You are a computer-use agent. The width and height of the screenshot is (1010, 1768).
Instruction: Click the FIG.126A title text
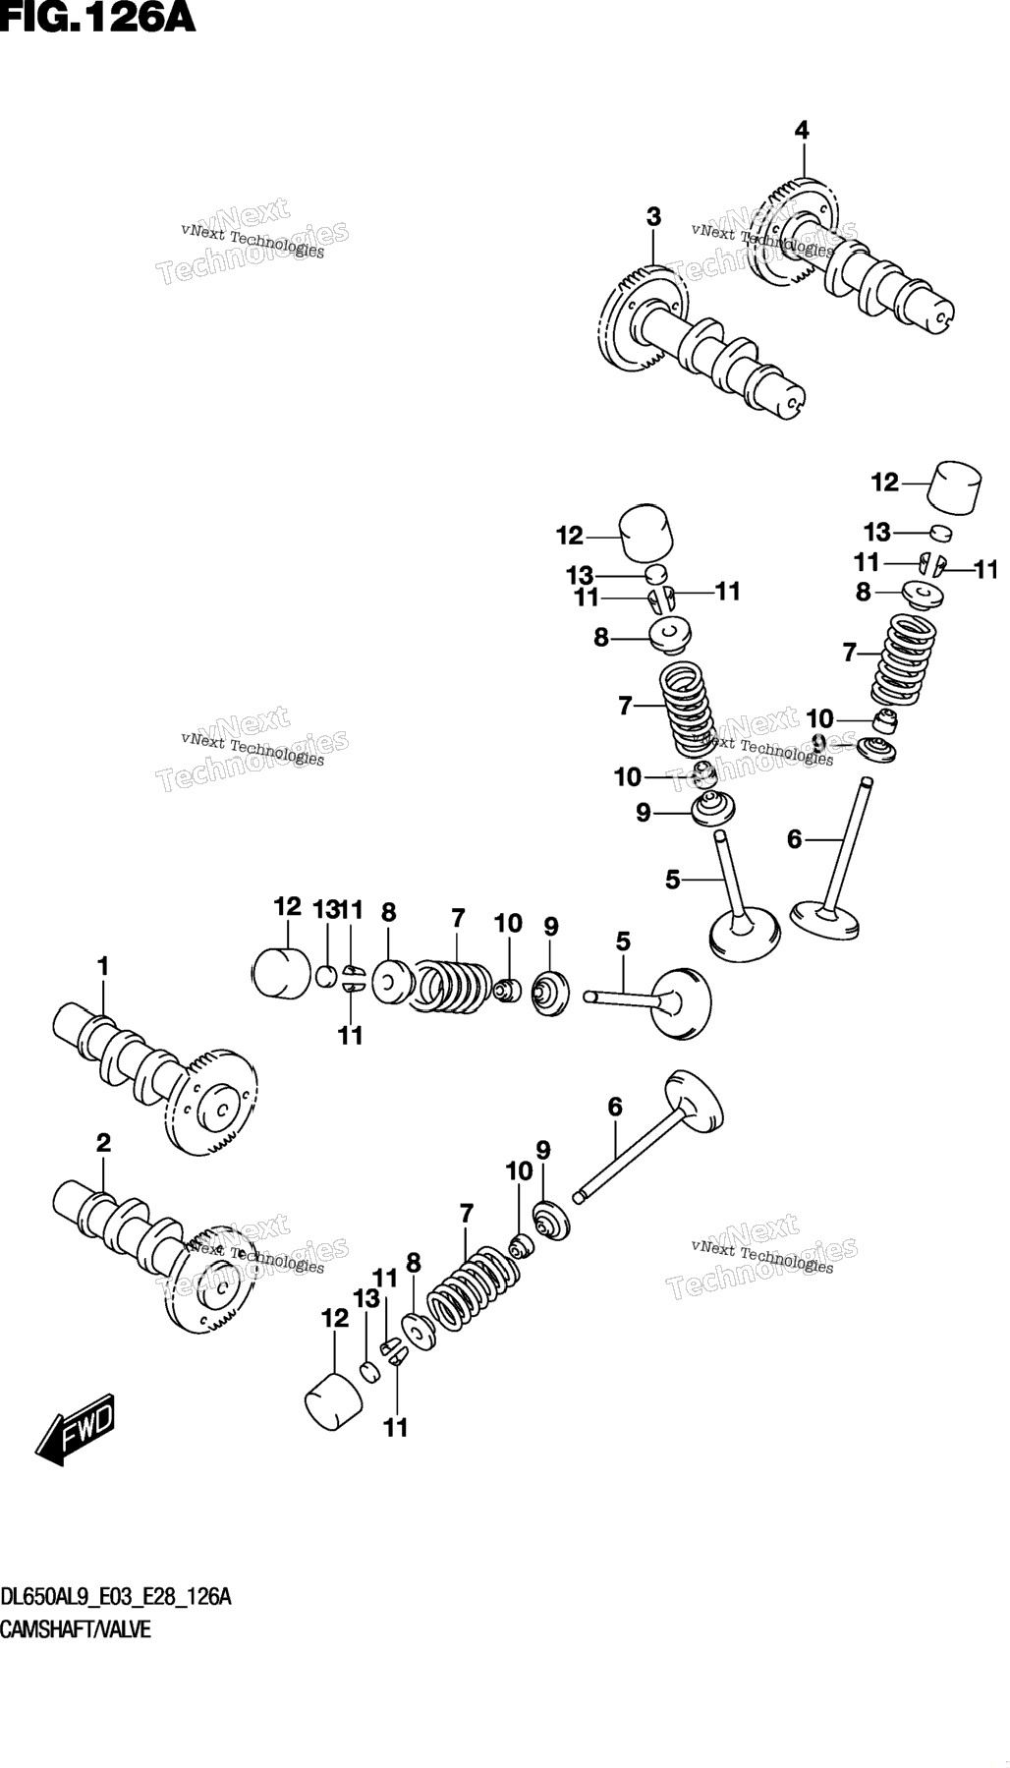point(98,17)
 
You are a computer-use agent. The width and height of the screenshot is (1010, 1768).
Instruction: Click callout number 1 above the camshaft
point(102,967)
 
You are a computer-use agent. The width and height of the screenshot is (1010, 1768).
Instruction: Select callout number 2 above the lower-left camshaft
point(103,1143)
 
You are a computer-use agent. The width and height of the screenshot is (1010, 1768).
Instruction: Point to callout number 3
point(653,217)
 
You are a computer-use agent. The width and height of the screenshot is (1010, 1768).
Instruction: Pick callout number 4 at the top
point(802,130)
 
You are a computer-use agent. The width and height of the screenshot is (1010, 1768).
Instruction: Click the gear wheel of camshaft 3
point(638,321)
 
